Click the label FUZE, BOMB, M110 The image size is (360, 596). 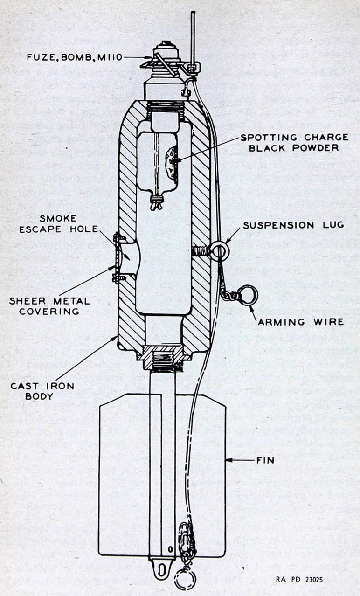coord(75,57)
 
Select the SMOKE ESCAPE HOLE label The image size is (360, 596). coord(58,224)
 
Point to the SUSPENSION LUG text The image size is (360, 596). coord(293,225)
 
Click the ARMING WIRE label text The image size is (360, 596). coord(301,322)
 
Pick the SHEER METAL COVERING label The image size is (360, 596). coord(50,306)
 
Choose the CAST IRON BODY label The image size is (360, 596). coord(42,391)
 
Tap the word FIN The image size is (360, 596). coord(265,460)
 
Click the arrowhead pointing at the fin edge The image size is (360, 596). coord(228,460)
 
